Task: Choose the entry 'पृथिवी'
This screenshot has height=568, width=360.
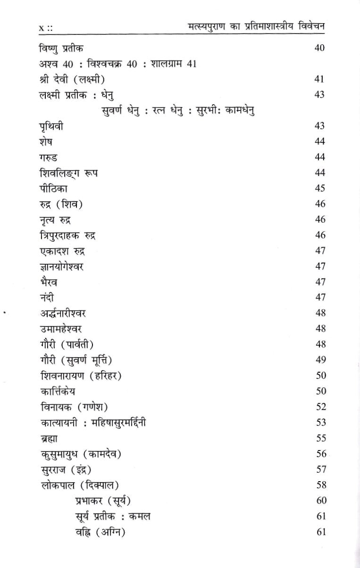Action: pos(52,126)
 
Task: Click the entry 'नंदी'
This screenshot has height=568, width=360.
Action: pos(47,297)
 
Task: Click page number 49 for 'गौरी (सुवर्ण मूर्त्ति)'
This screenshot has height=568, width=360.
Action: pos(320,360)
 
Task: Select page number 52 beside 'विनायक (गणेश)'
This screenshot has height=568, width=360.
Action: pos(320,407)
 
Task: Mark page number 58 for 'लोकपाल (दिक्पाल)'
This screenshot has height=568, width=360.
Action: pos(320,485)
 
